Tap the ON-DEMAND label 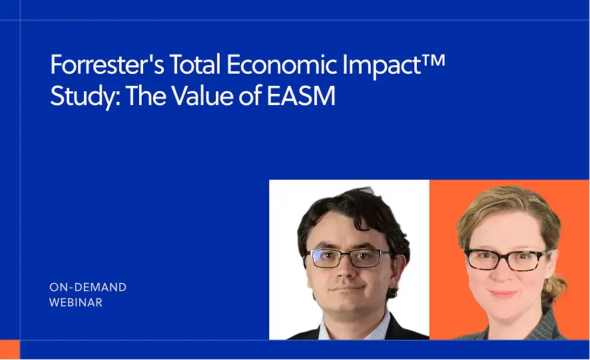88,287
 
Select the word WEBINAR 76,303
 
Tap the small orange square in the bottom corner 9,350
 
